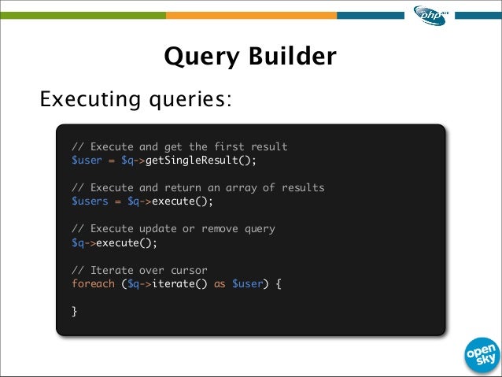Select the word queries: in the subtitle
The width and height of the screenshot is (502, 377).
pos(192,102)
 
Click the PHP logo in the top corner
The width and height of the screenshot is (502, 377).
pos(430,15)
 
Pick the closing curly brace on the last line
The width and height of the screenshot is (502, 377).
pos(75,311)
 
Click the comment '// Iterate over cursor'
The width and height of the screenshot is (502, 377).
pos(138,270)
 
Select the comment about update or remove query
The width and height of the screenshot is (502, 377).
pos(173,229)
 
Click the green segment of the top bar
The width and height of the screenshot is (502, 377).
pos(83,14)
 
